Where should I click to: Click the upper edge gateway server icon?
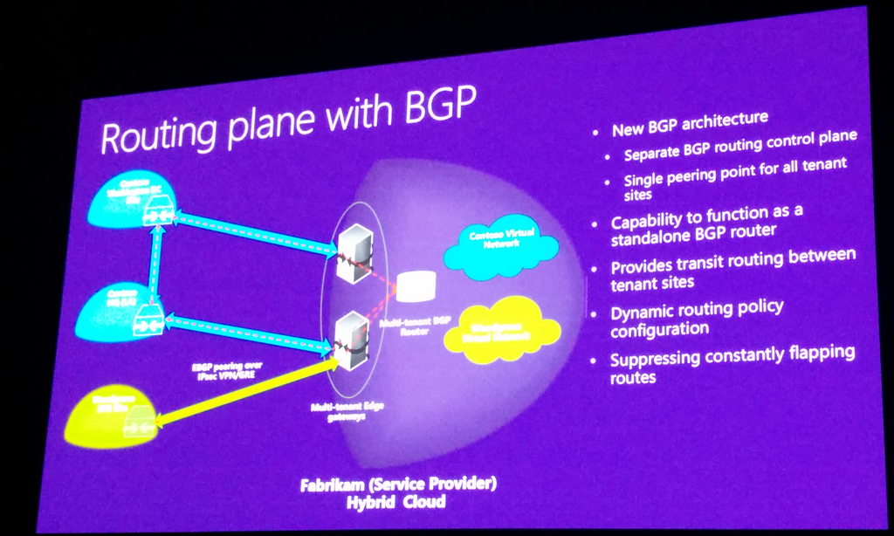(354, 252)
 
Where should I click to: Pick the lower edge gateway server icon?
(352, 340)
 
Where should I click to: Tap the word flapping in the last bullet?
(808, 354)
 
